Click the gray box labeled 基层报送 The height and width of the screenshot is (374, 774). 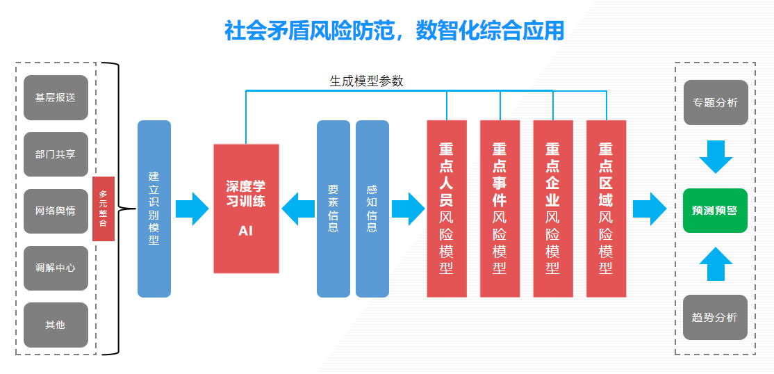tap(56, 98)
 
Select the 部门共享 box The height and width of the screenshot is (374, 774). tap(56, 154)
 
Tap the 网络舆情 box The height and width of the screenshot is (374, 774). tap(56, 211)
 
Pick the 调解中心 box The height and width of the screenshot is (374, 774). tap(56, 268)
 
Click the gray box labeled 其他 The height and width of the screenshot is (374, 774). tap(56, 325)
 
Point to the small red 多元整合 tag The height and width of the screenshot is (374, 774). tap(104, 209)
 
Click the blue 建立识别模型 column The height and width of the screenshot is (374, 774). tap(154, 209)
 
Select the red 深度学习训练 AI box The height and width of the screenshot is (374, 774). tap(246, 209)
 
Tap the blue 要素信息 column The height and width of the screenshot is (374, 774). tap(334, 209)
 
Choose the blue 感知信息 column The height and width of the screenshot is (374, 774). tap(372, 209)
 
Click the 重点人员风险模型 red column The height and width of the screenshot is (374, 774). tap(447, 209)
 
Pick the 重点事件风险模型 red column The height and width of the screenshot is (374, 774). tap(500, 209)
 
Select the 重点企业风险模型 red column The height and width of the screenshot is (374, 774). tap(553, 209)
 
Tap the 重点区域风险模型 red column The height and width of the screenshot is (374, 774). tap(606, 209)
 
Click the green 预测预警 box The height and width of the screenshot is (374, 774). tap(715, 211)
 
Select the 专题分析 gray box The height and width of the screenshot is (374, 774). tap(715, 103)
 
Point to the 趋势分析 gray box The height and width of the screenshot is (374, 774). tap(715, 318)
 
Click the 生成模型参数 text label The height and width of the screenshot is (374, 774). tap(366, 81)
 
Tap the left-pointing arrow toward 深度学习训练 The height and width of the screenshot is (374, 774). tap(297, 209)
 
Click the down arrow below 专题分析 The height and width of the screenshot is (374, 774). tap(716, 156)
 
